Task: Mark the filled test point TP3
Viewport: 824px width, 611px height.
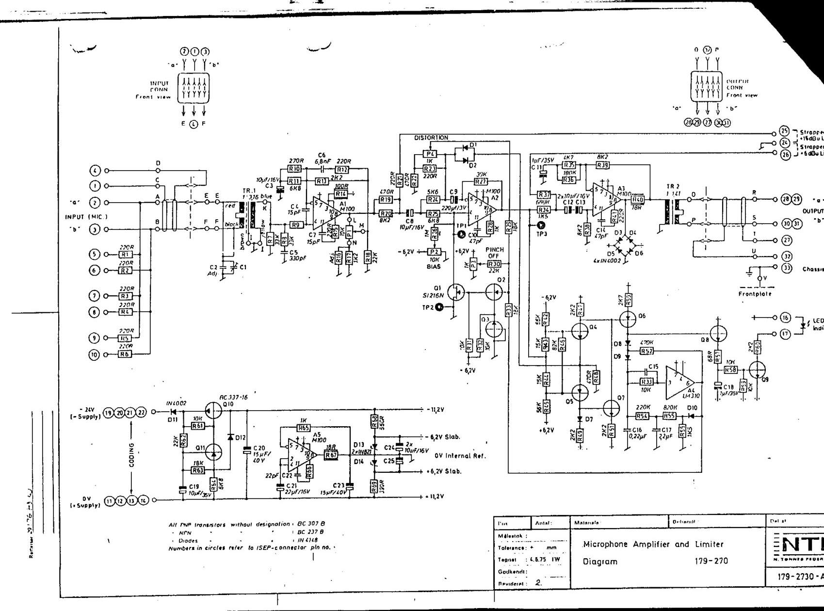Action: coord(542,225)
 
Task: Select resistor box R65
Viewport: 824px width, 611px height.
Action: coord(304,428)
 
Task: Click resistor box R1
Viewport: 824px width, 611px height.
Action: coord(126,254)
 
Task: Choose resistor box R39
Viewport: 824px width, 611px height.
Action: coord(602,165)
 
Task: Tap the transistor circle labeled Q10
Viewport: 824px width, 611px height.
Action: coord(213,411)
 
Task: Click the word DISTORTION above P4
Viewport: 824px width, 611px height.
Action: coord(431,138)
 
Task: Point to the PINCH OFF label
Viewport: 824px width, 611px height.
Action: coord(495,253)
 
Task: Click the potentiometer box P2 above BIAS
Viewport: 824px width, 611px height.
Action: coord(435,252)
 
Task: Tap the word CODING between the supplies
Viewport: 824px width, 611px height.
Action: coord(131,454)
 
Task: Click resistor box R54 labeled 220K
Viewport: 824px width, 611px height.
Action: coord(643,416)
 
